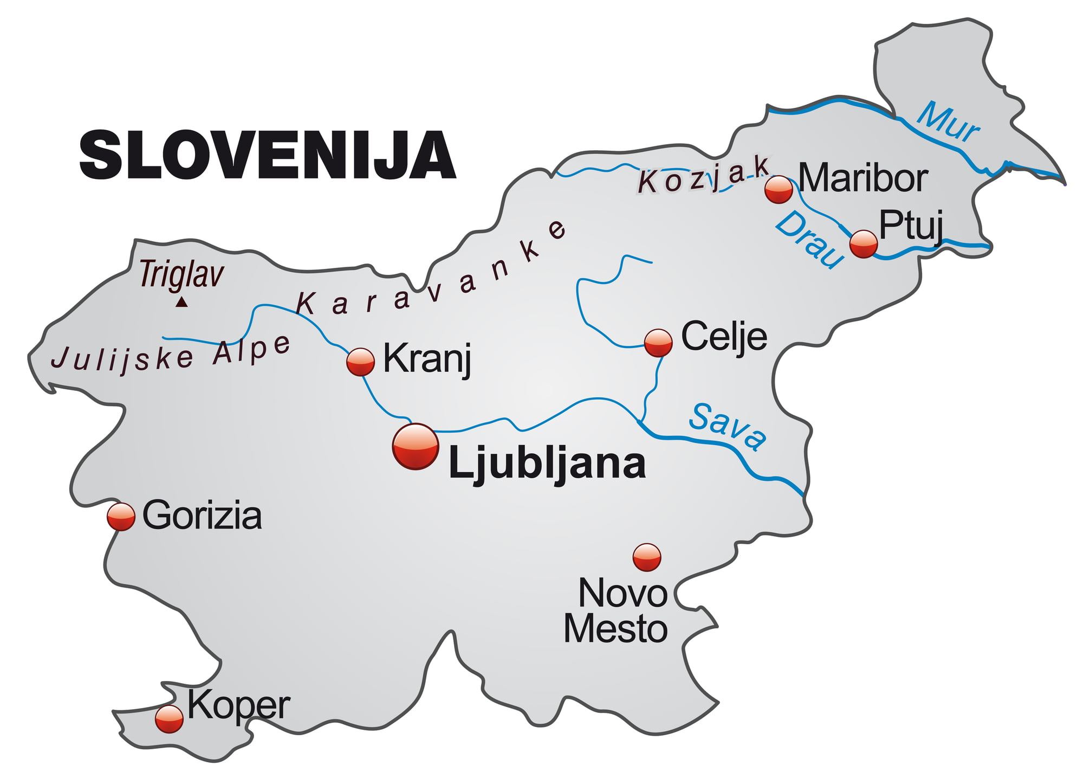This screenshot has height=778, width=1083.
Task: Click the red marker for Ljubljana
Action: tap(416, 446)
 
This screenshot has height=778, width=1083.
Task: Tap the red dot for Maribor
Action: tap(779, 189)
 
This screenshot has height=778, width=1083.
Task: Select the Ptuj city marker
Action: tap(863, 243)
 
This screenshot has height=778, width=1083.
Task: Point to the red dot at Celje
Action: tap(658, 343)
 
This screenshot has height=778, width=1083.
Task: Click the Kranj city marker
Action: tap(360, 362)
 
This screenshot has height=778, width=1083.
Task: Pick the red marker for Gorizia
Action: tap(121, 516)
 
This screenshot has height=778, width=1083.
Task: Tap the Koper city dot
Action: tap(169, 719)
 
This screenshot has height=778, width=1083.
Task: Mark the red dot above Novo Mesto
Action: tap(647, 557)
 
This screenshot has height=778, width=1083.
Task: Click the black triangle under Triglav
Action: tap(181, 302)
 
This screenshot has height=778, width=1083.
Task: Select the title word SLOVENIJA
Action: tap(268, 155)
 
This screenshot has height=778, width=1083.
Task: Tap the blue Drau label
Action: tap(809, 240)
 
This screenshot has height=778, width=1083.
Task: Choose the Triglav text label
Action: tap(181, 274)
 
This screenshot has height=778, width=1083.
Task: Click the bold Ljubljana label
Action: tap(547, 464)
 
